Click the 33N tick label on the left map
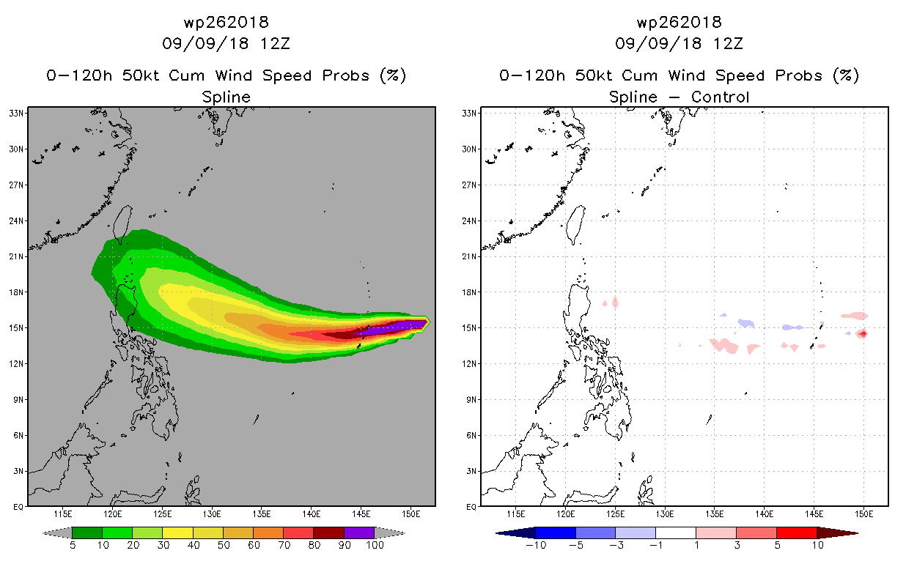pos(16,113)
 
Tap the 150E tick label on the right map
pos(863,514)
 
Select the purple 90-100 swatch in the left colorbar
pos(359,533)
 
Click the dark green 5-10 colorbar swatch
pos(87,533)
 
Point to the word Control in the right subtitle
pos(720,97)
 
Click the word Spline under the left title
pos(226,97)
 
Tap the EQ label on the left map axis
pos(18,507)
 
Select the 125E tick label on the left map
pos(162,514)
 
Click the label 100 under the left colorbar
pos(375,545)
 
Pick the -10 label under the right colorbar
pos(536,545)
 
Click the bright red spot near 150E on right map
pos(863,334)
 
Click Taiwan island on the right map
pos(575,224)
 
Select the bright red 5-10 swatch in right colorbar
pos(797,533)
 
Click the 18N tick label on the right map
pos(469,292)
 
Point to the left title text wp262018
pos(226,22)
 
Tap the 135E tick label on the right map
pos(714,514)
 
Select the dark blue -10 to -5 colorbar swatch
pos(556,533)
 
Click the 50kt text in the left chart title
pos(140,75)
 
